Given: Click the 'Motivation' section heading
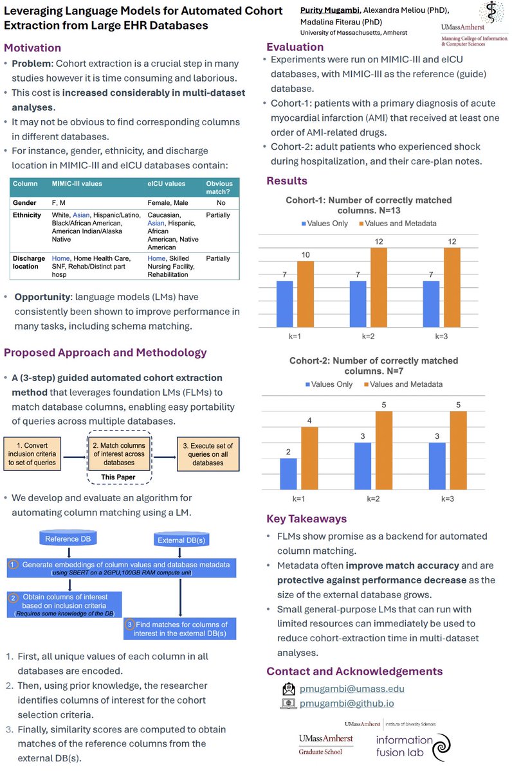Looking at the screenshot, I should [33, 48].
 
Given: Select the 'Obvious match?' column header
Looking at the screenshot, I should [219, 188].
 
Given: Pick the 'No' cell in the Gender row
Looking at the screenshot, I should [219, 202].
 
